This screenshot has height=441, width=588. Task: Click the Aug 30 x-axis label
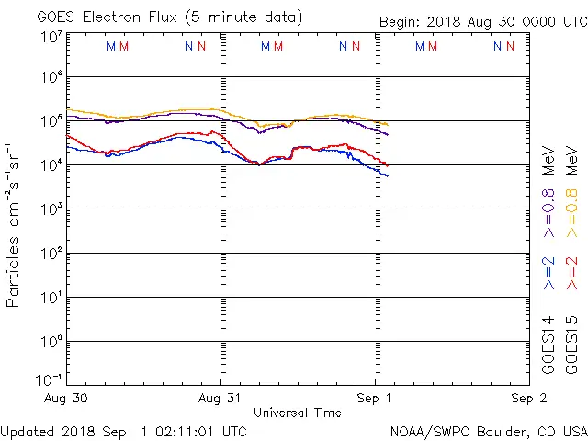[66, 399]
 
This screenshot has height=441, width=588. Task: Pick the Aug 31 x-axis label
[220, 399]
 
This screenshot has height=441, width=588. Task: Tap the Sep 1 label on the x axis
[375, 399]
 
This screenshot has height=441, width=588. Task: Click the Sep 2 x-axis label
[528, 399]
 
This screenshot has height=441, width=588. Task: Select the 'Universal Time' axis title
[298, 413]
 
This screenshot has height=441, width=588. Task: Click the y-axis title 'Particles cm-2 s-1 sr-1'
[15, 225]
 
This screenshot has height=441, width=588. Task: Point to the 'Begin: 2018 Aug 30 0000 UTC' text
[483, 21]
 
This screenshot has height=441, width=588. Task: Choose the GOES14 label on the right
[548, 345]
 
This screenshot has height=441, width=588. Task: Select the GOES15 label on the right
[571, 345]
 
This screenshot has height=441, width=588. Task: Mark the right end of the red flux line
[388, 165]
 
